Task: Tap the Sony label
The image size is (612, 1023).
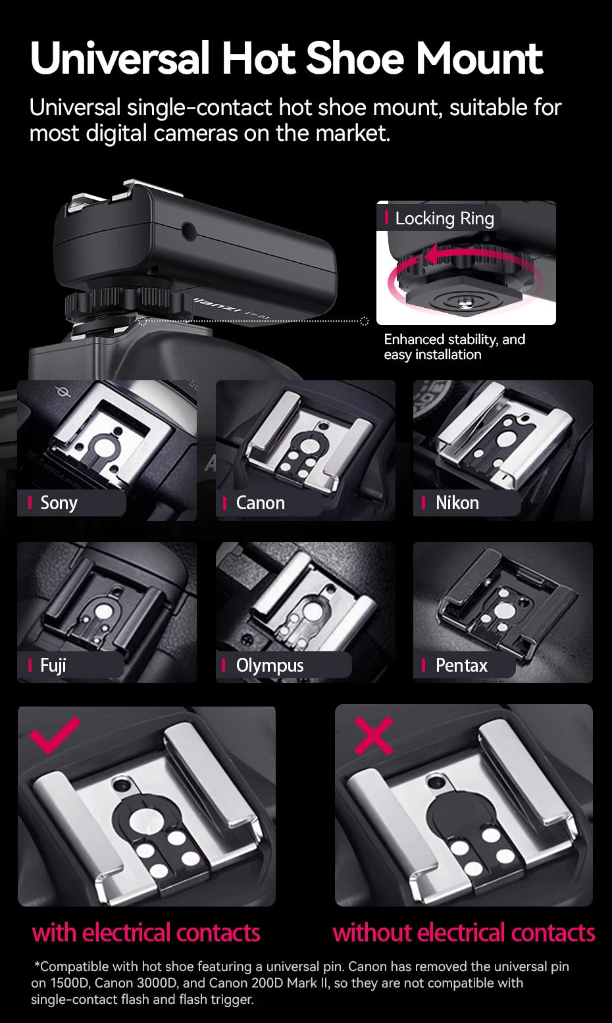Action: point(59,503)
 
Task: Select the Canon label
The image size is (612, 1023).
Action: point(261,503)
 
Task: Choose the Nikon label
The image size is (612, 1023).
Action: point(457,503)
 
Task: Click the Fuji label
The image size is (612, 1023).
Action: point(53,665)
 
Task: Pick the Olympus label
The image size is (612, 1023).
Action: point(270,665)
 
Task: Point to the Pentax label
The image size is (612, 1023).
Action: point(461,665)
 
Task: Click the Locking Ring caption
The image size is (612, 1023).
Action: point(444,218)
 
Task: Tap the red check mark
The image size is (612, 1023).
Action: point(54,734)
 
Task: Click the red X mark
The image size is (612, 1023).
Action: point(373,736)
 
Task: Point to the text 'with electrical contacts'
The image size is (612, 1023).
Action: point(146,932)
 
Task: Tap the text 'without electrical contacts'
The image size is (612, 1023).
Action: point(464,932)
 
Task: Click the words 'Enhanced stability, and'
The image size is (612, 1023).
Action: point(454,339)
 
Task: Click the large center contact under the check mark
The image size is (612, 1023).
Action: point(144,820)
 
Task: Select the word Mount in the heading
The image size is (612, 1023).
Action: point(478,59)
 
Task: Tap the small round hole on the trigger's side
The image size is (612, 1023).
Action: point(189,230)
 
